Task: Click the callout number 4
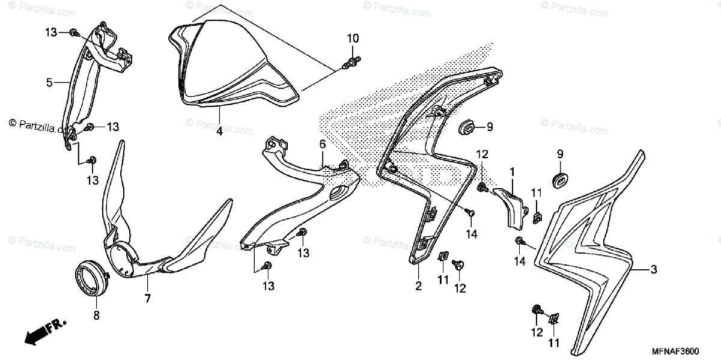[220, 130]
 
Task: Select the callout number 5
[49, 82]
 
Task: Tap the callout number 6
[322, 144]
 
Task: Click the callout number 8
[96, 314]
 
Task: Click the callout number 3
[654, 270]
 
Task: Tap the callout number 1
[512, 171]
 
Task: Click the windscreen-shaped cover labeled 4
[228, 66]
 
